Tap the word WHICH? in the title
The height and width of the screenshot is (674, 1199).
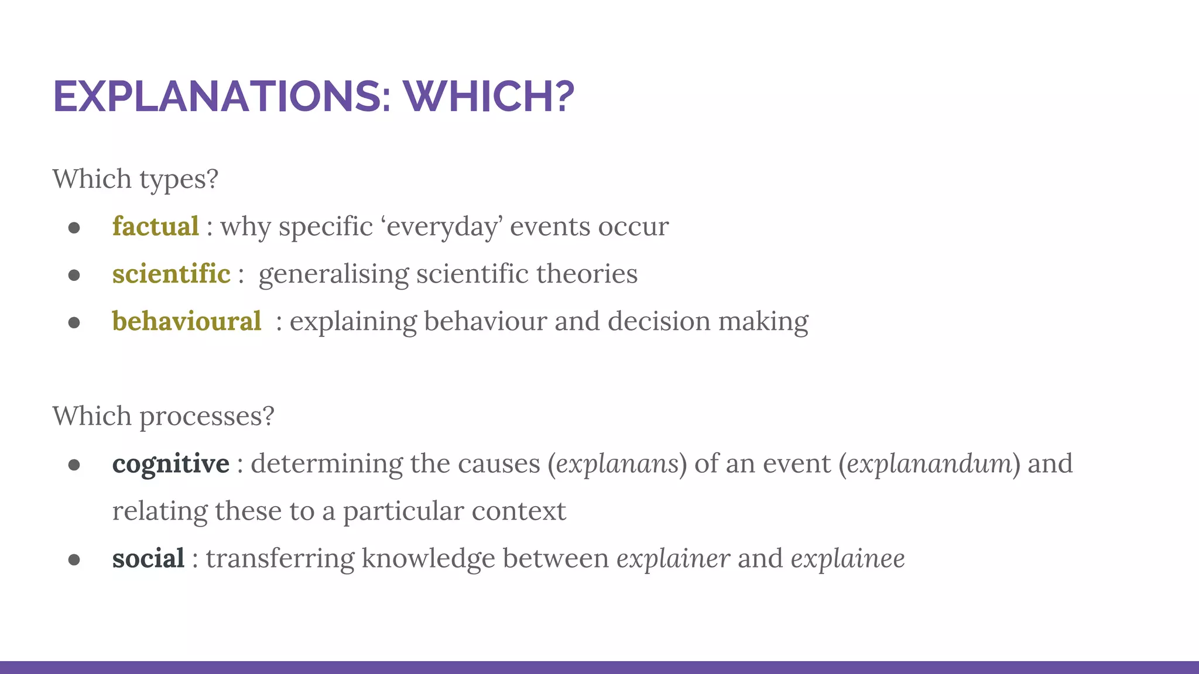(x=489, y=97)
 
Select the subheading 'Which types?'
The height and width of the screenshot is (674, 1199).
(x=135, y=179)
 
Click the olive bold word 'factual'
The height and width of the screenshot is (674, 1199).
(x=156, y=227)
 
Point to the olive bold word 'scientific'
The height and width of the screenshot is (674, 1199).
(x=171, y=274)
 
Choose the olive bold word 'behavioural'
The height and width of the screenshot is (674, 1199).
(x=187, y=322)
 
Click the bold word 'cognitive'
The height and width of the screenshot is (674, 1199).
(x=171, y=465)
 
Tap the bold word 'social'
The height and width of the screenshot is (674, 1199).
(x=148, y=559)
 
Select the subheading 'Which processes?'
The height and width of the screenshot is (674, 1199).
(x=163, y=417)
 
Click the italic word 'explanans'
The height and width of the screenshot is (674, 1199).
(x=616, y=465)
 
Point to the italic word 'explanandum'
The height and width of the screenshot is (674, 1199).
(x=929, y=465)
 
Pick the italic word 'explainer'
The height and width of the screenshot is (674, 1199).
(x=673, y=559)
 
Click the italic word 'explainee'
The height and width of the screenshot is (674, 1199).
(x=848, y=559)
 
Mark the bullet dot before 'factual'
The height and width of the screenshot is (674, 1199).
(x=74, y=228)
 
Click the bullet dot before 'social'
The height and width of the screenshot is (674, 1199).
(x=74, y=560)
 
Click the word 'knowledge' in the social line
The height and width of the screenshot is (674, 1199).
(x=429, y=559)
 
